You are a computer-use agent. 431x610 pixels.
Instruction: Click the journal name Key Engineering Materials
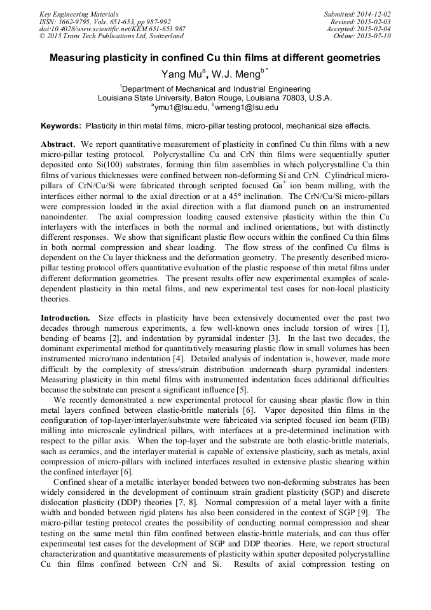pyautogui.click(x=78, y=14)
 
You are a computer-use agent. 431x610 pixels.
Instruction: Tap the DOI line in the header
pyautogui.click(x=113, y=29)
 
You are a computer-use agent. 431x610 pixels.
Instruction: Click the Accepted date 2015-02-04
pyautogui.click(x=373, y=29)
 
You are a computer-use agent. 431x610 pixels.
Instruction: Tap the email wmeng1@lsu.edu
pyautogui.click(x=246, y=108)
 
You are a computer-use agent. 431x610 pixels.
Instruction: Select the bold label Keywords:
pyautogui.click(x=61, y=126)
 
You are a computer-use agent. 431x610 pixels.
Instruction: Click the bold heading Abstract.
pyautogui.click(x=58, y=144)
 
